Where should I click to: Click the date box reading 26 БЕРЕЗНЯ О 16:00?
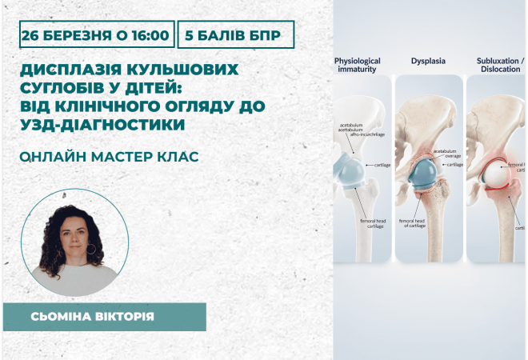click(x=96, y=36)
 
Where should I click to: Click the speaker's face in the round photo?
click(x=74, y=232)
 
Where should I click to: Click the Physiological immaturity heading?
click(x=357, y=65)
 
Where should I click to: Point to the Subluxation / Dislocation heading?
click(x=499, y=65)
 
